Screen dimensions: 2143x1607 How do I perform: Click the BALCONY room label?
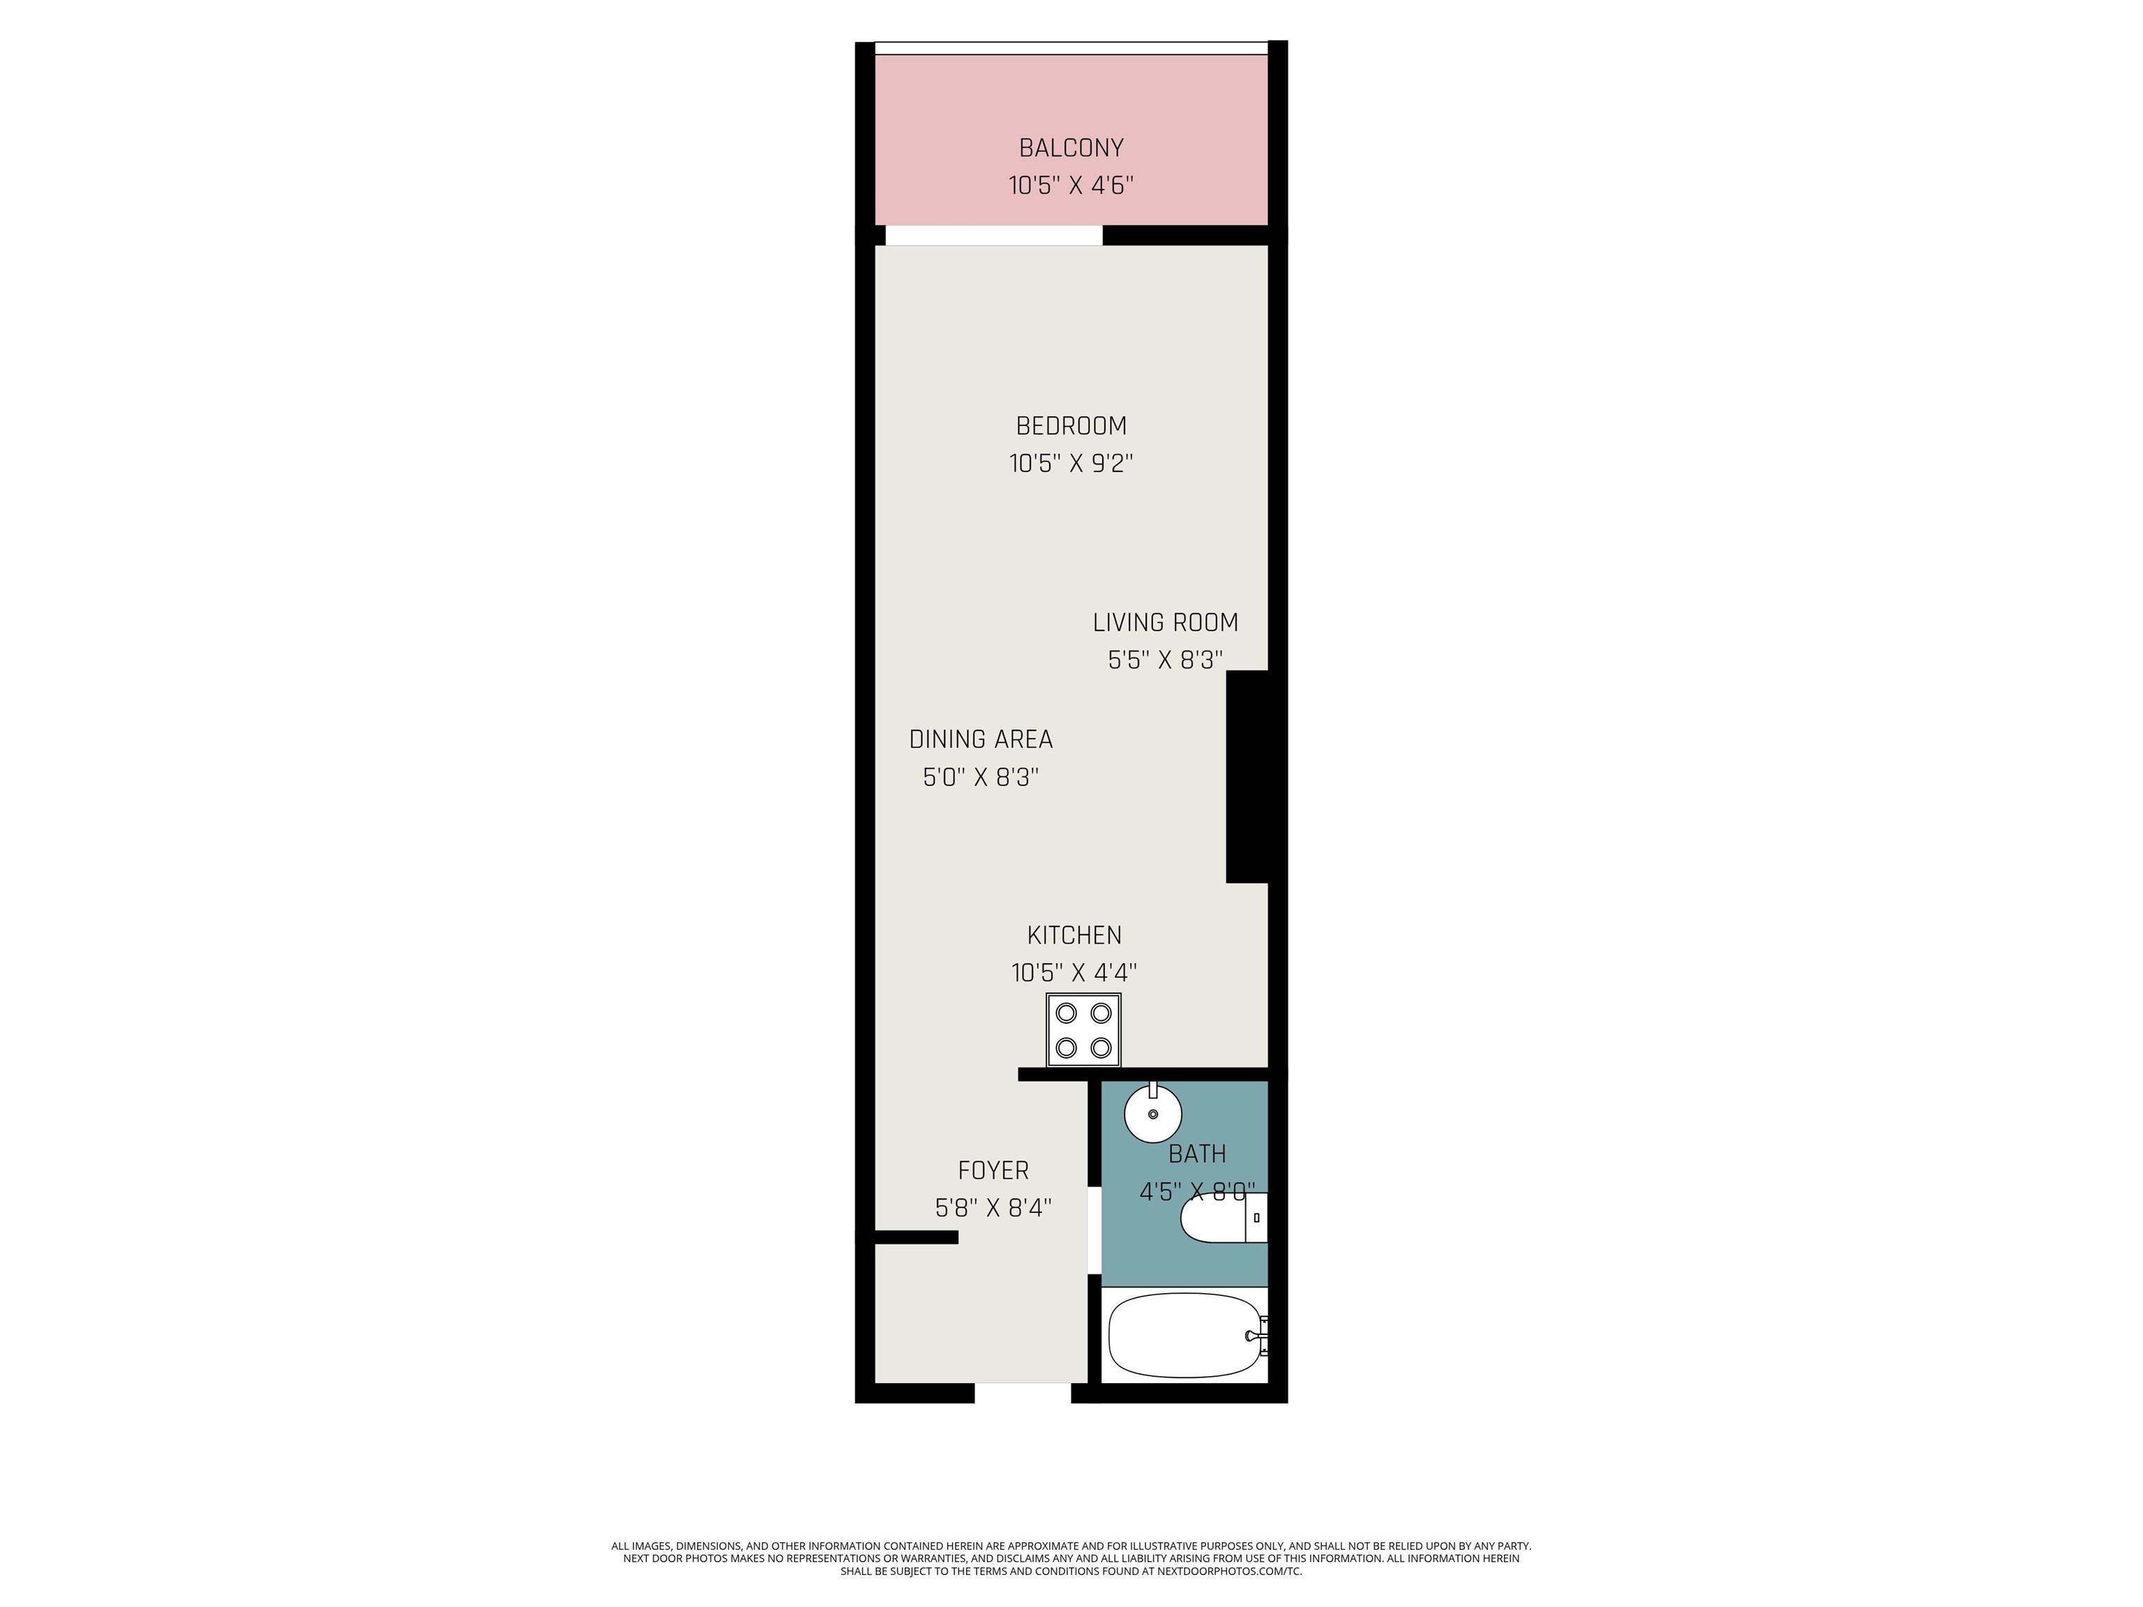click(x=1071, y=148)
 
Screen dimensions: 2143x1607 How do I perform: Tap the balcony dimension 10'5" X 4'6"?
click(x=1071, y=185)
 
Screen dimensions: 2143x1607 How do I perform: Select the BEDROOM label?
click(x=1071, y=426)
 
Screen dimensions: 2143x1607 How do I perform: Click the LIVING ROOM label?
click(x=1166, y=623)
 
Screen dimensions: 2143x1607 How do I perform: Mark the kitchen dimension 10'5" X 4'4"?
click(x=1074, y=972)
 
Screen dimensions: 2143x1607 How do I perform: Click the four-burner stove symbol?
click(x=1083, y=1029)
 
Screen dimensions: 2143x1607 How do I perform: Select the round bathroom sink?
click(x=1153, y=1113)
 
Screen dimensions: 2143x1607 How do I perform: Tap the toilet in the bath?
click(x=1224, y=1218)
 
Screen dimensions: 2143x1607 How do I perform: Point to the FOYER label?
click(x=993, y=1171)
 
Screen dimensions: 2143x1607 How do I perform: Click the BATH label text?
click(x=1198, y=1154)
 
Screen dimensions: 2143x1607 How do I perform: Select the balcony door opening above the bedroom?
click(x=994, y=235)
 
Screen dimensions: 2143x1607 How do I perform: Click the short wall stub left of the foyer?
click(x=917, y=1237)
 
